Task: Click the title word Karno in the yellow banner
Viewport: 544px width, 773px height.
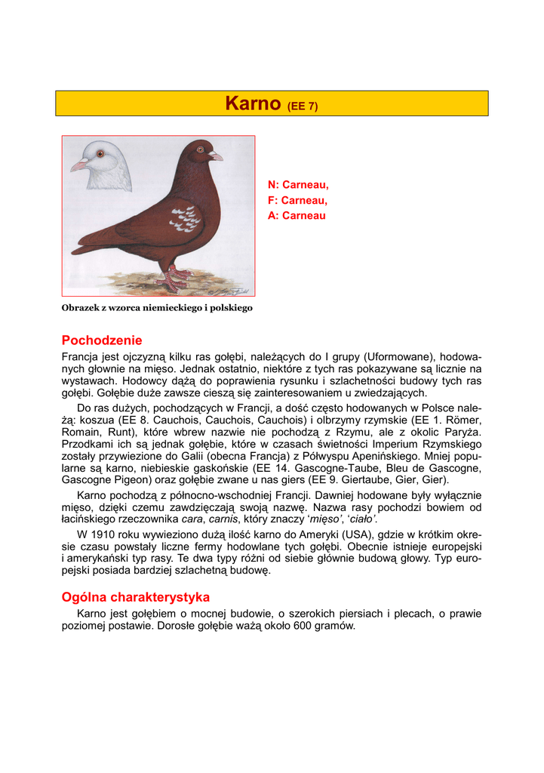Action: (253, 103)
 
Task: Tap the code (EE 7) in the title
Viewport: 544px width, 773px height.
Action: (303, 106)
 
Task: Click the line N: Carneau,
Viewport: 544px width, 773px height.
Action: (298, 184)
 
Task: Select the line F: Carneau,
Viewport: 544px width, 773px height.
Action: (297, 200)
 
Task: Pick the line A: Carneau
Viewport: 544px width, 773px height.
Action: (297, 216)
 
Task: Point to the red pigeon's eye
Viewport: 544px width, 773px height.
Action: (201, 150)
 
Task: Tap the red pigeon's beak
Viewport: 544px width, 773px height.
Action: (217, 156)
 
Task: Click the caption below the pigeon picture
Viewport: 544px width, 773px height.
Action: (157, 308)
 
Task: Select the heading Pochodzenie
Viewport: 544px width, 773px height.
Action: (102, 340)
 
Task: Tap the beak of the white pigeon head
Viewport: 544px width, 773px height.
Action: (78, 165)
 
